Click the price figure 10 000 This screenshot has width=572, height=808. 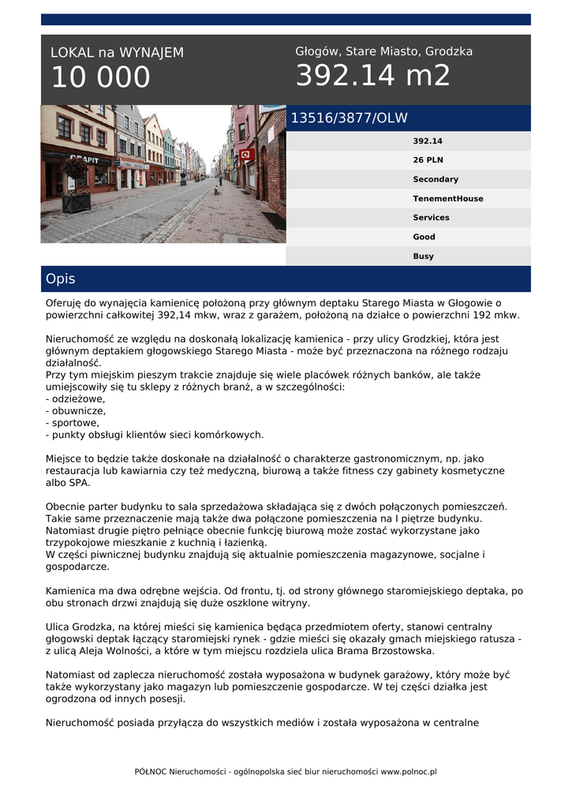coord(100,77)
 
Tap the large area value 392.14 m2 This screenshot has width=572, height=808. coord(372,76)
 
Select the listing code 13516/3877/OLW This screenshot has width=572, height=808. coord(349,118)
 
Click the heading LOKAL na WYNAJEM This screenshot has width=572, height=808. coord(117,53)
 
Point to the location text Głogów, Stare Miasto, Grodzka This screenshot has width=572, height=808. coord(383,51)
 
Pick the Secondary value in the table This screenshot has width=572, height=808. coord(435,179)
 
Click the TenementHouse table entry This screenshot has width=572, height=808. coord(447,199)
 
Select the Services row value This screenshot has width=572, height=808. coord(431,218)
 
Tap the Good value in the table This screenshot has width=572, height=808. coord(424,237)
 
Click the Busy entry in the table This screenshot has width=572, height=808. coord(423,256)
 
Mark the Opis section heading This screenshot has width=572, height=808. coord(61,279)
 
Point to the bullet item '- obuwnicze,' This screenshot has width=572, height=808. coord(76,410)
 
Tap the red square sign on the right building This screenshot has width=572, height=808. coord(246,154)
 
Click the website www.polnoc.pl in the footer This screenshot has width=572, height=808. coord(409,772)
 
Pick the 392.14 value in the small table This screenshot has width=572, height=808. coord(427,141)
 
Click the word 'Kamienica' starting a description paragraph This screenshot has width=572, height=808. coord(69,590)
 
